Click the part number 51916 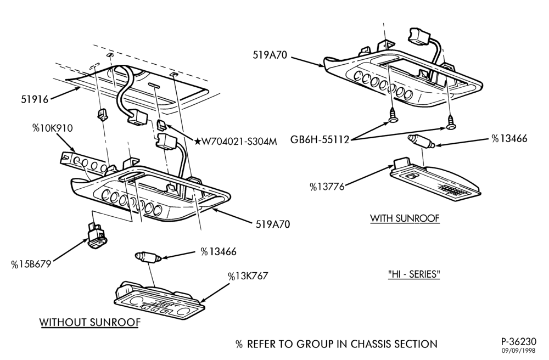click(x=34, y=99)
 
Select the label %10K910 click(x=53, y=128)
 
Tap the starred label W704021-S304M click(x=236, y=142)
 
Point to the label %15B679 click(x=31, y=264)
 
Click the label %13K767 click(x=248, y=276)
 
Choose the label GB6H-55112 click(x=320, y=139)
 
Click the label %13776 click(x=327, y=187)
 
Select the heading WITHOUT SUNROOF click(x=90, y=322)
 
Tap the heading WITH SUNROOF click(x=405, y=218)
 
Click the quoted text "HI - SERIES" click(x=414, y=274)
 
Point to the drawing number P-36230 click(x=518, y=341)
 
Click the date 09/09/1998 click(x=518, y=350)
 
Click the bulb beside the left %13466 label click(x=148, y=257)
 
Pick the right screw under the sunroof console click(x=451, y=123)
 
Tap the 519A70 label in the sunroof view click(x=270, y=55)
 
